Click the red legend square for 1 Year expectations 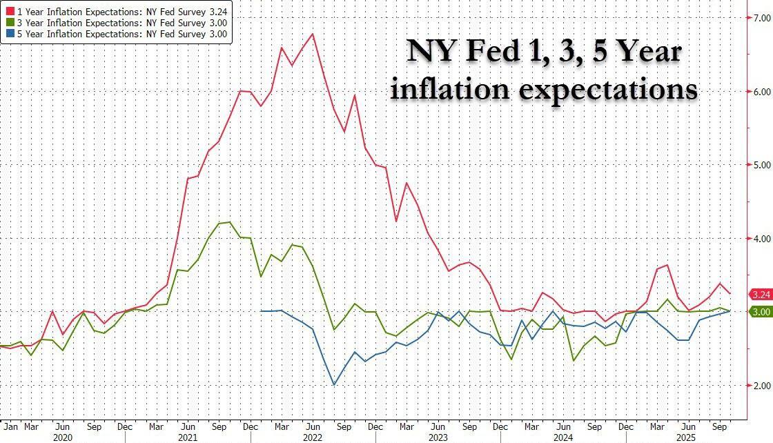click(x=7, y=11)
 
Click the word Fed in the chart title click(x=491, y=52)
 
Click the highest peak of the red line click(x=313, y=34)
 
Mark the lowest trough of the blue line click(x=334, y=384)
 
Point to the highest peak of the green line click(x=230, y=222)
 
